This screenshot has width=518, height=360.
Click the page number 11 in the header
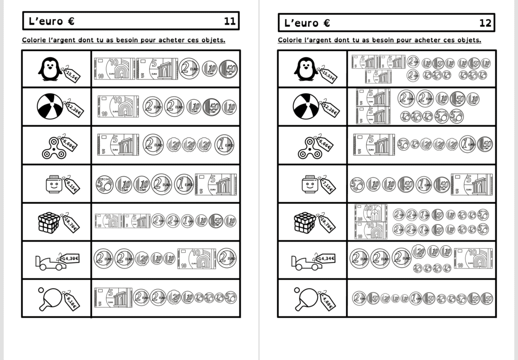(230, 21)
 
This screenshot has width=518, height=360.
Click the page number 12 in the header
(485, 23)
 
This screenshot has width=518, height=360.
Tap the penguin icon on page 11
(50, 69)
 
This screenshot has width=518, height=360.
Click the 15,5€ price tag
(71, 75)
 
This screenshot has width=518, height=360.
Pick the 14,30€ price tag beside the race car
(70, 258)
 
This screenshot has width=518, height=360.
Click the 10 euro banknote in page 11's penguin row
(114, 69)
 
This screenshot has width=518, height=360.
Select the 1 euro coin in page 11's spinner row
(224, 145)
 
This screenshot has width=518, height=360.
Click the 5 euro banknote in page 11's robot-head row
(216, 184)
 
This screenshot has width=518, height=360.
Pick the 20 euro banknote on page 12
(371, 213)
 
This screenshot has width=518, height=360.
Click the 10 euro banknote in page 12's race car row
(473, 258)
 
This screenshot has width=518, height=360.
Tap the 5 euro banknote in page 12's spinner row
(374, 145)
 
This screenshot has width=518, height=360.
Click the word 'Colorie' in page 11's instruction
(34, 40)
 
